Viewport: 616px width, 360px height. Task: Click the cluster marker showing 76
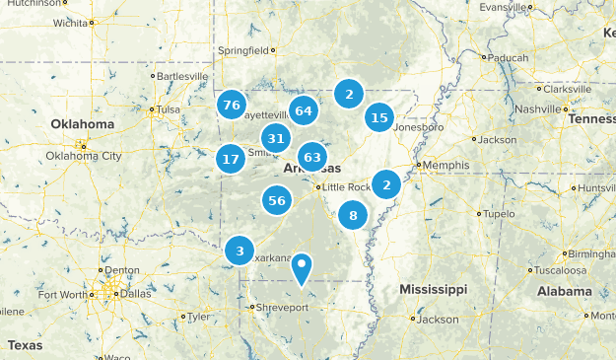click(232, 106)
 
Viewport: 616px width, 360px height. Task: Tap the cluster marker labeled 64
click(304, 110)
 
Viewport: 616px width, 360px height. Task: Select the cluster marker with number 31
click(276, 139)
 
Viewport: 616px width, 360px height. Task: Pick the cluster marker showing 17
click(231, 159)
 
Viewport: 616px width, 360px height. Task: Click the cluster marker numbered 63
click(313, 157)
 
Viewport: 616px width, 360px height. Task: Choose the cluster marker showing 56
click(277, 201)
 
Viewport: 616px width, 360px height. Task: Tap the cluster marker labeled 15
click(378, 118)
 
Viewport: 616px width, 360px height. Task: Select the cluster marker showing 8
click(353, 214)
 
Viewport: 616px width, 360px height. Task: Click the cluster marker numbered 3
click(240, 252)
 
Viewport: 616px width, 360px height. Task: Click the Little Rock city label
click(346, 187)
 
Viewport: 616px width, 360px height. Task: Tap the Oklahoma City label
click(84, 156)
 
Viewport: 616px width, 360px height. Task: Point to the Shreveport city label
click(283, 308)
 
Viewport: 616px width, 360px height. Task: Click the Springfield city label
click(242, 50)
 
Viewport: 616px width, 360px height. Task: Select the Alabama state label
click(564, 291)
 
